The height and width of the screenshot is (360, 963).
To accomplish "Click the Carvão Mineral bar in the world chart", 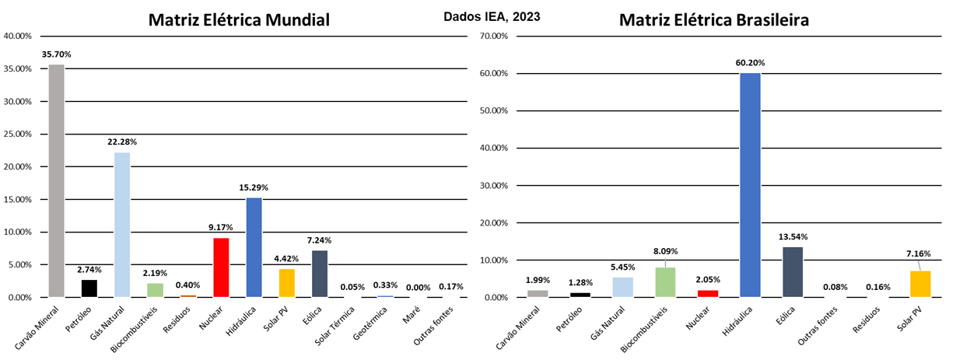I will tap(56, 180).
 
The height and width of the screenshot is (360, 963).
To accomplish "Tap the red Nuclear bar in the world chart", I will tap(221, 267).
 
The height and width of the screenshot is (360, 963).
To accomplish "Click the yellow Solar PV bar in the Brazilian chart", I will tap(920, 284).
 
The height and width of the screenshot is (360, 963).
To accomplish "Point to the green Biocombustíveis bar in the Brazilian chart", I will tap(665, 282).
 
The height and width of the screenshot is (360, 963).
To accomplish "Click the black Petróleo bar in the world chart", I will tap(89, 288).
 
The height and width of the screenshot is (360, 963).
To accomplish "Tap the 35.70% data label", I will tap(56, 55).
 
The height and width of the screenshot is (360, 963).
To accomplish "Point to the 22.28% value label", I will tap(122, 142).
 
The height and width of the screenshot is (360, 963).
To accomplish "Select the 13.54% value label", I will tap(793, 236).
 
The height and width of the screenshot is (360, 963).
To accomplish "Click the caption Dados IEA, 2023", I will tap(492, 16).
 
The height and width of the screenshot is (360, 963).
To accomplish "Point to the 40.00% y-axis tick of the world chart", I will tap(17, 36).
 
